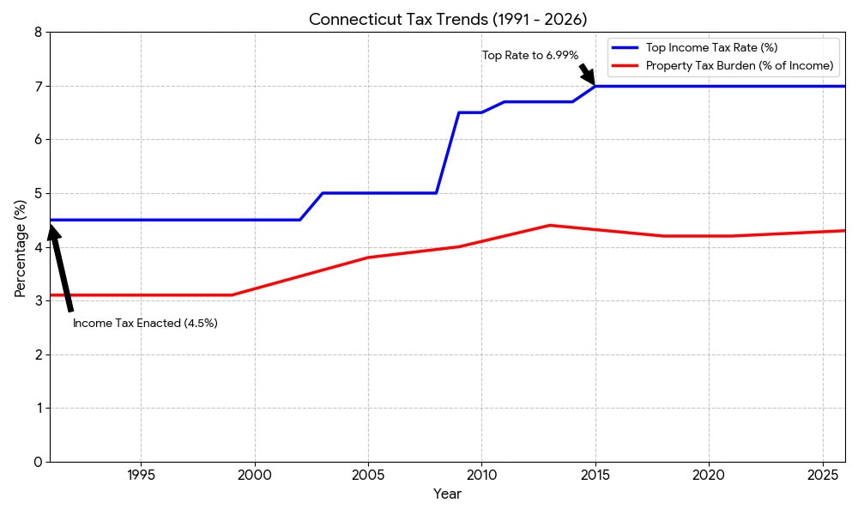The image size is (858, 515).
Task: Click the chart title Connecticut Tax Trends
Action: click(x=448, y=20)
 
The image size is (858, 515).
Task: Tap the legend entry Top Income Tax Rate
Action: click(x=711, y=47)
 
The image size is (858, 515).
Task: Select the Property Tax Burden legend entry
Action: click(x=739, y=65)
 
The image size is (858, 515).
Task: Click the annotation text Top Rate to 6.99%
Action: click(x=530, y=56)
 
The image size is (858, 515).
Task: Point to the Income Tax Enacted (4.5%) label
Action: click(x=145, y=324)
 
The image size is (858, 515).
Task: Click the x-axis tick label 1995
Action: click(x=141, y=475)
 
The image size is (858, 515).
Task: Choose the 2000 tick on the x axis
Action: click(x=254, y=475)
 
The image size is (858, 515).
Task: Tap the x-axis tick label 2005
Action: click(x=368, y=475)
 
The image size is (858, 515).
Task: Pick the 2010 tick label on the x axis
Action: click(x=481, y=475)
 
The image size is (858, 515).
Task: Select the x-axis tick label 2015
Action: click(x=595, y=475)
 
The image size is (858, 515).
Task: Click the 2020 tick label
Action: click(x=709, y=475)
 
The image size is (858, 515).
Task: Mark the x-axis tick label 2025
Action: click(x=822, y=475)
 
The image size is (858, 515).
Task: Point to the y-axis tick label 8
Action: click(x=38, y=33)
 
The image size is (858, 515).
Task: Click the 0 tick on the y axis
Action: click(x=38, y=462)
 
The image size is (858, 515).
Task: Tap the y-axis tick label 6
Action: click(x=38, y=140)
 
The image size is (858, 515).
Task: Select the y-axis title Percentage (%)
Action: click(x=21, y=247)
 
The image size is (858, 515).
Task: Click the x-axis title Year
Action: click(x=447, y=494)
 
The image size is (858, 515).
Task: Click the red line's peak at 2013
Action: click(x=549, y=226)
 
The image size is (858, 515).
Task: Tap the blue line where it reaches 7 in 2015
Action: click(x=595, y=86)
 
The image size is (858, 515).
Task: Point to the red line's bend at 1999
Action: click(x=232, y=295)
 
